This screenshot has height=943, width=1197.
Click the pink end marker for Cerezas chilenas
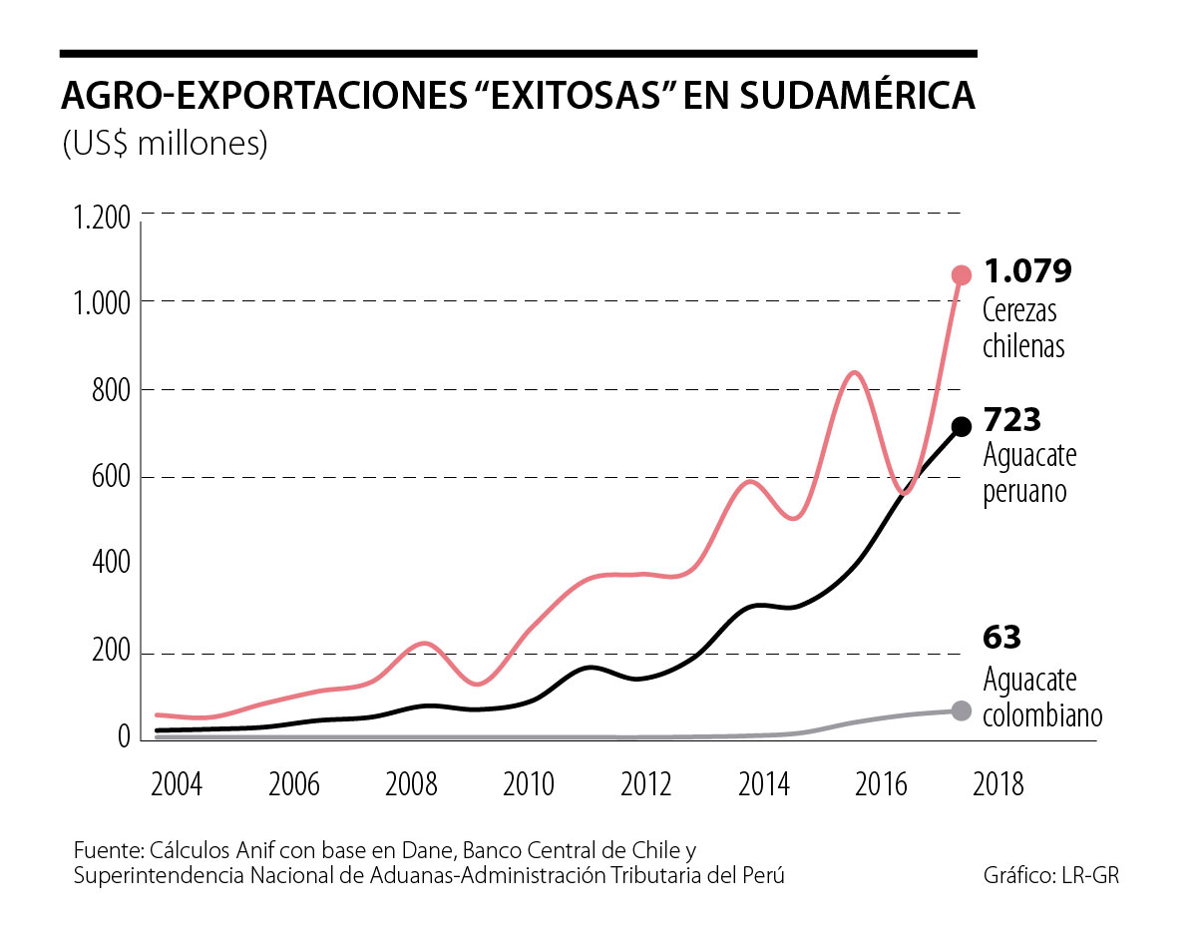tap(962, 275)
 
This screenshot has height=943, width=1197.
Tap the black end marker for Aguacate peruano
tap(962, 427)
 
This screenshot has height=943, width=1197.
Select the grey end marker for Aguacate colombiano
tap(962, 710)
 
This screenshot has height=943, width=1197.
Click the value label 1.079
tap(1027, 271)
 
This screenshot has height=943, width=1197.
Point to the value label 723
tap(1013, 419)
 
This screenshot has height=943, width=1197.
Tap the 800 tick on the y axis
tap(110, 390)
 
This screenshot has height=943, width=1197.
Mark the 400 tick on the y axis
tap(110, 565)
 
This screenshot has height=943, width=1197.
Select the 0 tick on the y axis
tap(123, 738)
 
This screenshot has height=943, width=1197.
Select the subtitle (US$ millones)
tap(165, 143)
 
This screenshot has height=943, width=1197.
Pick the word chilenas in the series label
tap(1024, 346)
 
